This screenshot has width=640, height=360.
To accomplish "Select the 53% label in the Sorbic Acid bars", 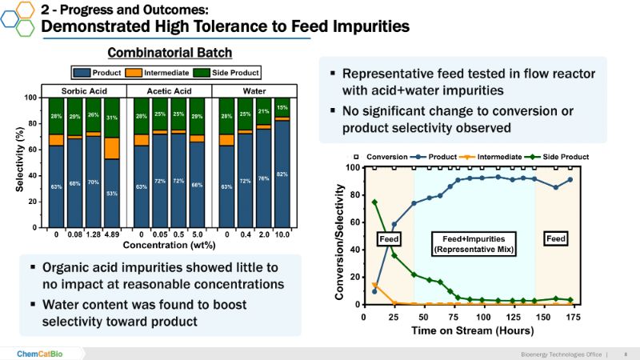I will pos(112,193).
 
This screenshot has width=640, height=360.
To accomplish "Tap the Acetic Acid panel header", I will pos(170,90).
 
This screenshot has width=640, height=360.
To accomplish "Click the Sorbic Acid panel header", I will pos(84,90).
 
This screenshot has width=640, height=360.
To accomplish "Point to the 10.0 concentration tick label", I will pos(282,235).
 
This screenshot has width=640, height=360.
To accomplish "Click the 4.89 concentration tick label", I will pos(112,235).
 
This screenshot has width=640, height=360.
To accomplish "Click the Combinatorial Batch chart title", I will pos(170,53).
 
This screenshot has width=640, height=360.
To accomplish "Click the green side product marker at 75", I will pos(450,292).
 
